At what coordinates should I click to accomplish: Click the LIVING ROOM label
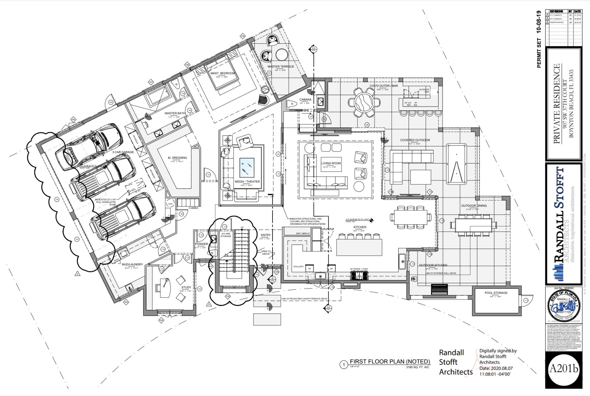pos(331,163)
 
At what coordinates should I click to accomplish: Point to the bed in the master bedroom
pos(222,76)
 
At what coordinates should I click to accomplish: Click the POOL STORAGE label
pos(496,293)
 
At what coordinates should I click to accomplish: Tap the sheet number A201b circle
pos(564,369)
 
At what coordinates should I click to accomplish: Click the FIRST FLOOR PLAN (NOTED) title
pos(390,361)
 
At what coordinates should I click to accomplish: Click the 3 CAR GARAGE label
pos(123,152)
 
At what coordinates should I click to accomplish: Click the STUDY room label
pos(186,288)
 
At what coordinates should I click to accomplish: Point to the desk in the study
pos(165,288)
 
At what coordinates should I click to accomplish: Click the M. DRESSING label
pos(177,158)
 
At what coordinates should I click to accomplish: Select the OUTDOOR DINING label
pos(474,206)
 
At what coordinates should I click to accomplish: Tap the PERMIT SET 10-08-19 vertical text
pos(539,39)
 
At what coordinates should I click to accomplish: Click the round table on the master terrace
pos(281,54)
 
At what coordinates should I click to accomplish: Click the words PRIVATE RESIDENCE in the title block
pos(556,104)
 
